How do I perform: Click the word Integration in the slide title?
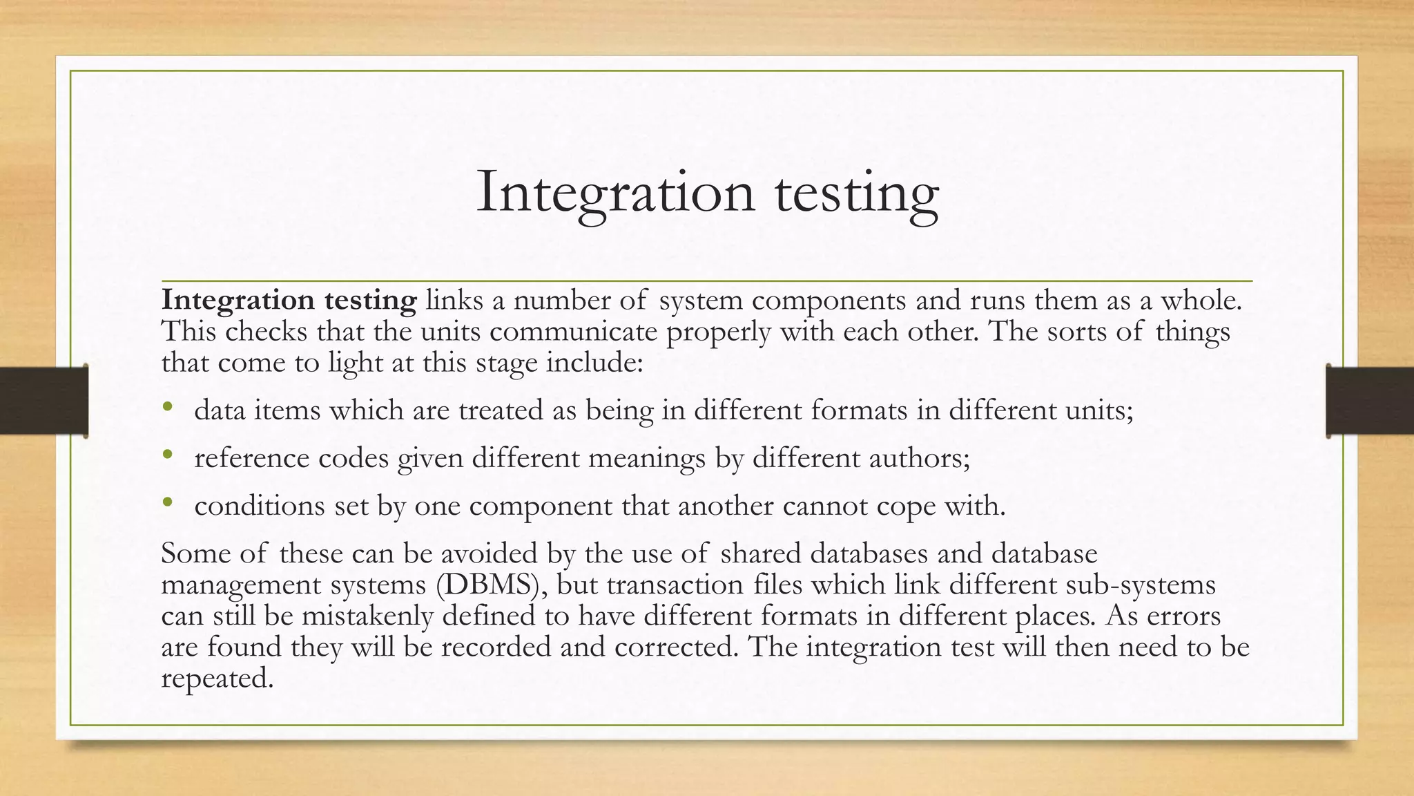[615, 192]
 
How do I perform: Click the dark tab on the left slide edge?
[43, 401]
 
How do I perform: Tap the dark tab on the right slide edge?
[1370, 401]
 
